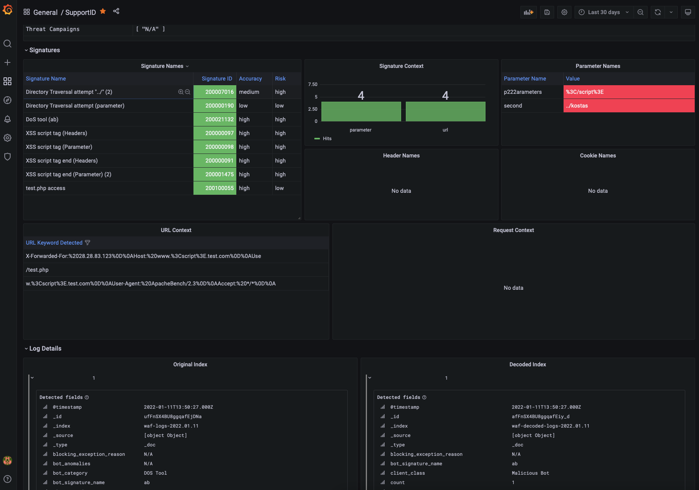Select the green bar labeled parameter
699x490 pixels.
point(361,112)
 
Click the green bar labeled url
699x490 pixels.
point(445,112)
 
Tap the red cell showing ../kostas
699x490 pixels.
point(629,106)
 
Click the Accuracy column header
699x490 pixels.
point(250,79)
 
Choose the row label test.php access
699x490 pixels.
point(46,188)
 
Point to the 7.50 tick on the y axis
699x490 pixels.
point(313,84)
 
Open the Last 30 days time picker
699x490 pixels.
point(604,12)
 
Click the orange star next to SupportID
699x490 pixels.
point(103,11)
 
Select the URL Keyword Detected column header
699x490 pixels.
point(54,243)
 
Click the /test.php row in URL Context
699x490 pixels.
point(37,270)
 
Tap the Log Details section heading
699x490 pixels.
point(45,349)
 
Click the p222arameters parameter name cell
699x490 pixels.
point(523,92)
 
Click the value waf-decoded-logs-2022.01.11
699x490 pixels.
point(550,426)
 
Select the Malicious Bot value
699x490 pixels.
point(530,473)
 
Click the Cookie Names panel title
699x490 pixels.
point(598,155)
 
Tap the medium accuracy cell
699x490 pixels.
point(249,92)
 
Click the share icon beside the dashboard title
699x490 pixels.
point(116,11)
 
